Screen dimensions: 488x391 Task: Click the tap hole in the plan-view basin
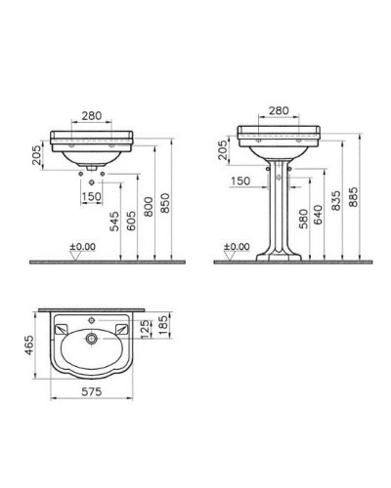pyautogui.click(x=92, y=319)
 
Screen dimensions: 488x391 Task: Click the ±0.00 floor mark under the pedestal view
pyautogui.click(x=239, y=246)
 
